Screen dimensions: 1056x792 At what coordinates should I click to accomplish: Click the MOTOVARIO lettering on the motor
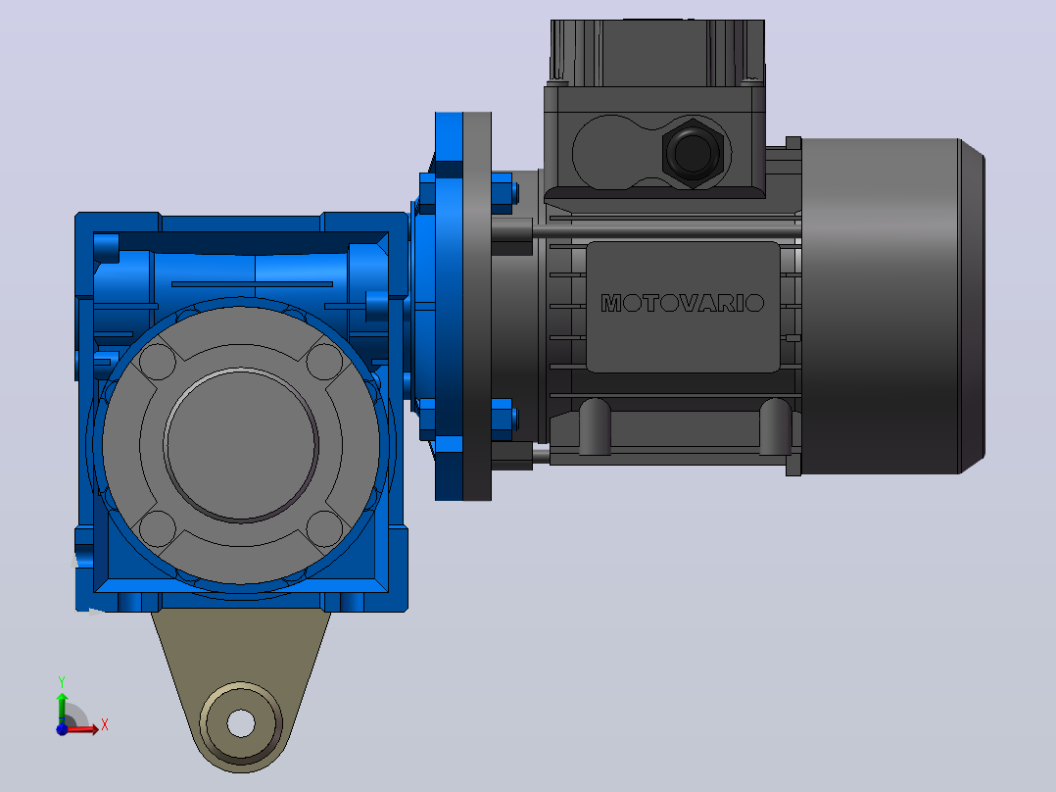tap(682, 303)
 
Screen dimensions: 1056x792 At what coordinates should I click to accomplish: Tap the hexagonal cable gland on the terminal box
tap(693, 152)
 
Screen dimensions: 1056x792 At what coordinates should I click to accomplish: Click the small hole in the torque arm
tap(241, 724)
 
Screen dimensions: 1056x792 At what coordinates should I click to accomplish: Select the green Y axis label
tap(62, 681)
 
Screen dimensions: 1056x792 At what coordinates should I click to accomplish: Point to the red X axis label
tap(105, 725)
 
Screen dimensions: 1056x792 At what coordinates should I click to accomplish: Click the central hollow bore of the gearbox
tap(240, 445)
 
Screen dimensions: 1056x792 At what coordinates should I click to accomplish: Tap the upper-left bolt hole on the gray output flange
tap(158, 362)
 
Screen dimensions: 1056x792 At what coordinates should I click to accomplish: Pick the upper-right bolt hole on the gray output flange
tap(324, 362)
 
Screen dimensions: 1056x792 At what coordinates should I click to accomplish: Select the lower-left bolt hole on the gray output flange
tap(158, 528)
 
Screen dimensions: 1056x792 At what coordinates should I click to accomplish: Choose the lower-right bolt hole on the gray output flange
tap(324, 528)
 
